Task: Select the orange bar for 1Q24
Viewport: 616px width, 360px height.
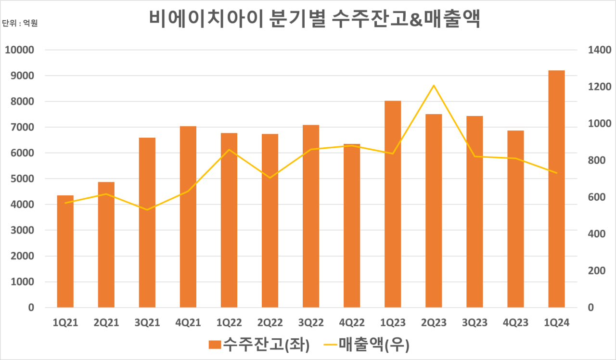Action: [x=556, y=189]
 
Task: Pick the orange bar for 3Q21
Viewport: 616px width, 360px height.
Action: [x=147, y=222]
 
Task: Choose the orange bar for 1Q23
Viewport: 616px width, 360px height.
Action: [x=393, y=204]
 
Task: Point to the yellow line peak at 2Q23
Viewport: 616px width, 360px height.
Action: [x=434, y=86]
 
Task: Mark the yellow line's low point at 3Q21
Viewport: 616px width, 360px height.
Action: [x=147, y=210]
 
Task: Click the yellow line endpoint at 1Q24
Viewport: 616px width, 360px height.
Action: [x=556, y=173]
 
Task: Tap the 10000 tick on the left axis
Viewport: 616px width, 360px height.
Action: [x=19, y=50]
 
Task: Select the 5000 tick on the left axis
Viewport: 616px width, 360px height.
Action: [x=22, y=179]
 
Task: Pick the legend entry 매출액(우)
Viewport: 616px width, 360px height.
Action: [x=367, y=345]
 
